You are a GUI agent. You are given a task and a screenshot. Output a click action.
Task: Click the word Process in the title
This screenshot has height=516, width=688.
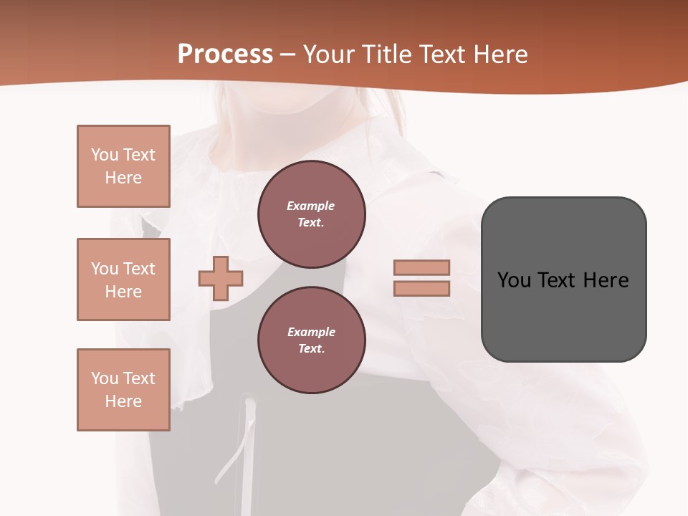[x=225, y=54]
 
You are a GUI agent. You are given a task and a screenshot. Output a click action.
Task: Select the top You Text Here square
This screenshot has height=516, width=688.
[x=123, y=166]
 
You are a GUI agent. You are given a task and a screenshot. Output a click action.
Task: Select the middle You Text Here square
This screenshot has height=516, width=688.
[x=123, y=279]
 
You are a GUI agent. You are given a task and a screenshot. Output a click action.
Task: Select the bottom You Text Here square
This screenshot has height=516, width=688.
[x=123, y=390]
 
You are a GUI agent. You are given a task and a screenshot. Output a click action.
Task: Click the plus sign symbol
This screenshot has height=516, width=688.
[x=221, y=278]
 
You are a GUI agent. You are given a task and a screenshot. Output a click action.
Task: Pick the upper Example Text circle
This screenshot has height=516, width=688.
[x=311, y=214]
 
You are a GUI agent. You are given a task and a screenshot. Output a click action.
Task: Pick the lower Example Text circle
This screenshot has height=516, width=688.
[x=311, y=340]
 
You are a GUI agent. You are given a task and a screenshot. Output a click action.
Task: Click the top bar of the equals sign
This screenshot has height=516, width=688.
[x=421, y=267]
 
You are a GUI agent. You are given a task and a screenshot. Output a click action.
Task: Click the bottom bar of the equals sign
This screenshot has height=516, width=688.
[x=421, y=288]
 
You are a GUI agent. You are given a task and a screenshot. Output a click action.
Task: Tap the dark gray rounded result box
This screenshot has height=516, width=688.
[x=563, y=315]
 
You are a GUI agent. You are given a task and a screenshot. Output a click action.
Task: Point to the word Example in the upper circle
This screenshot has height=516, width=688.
[x=311, y=206]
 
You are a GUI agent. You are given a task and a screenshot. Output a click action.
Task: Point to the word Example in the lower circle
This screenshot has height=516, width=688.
[x=311, y=332]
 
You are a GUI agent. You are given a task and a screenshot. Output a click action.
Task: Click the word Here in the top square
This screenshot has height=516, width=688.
[x=123, y=178]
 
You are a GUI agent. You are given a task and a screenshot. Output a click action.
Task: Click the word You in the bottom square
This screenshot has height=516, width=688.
[x=105, y=378]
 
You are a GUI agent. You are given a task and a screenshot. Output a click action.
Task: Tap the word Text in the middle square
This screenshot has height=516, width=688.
[x=139, y=269]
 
